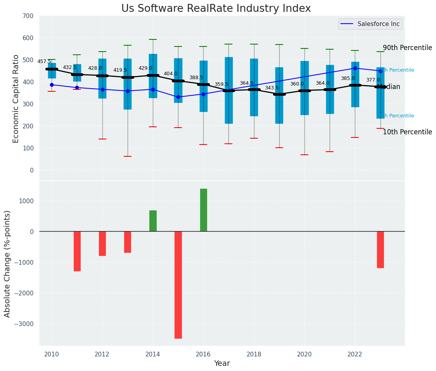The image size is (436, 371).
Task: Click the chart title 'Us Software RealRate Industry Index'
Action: (x=216, y=9)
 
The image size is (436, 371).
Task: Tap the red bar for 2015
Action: (x=178, y=285)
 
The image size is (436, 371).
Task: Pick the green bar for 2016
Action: (x=203, y=210)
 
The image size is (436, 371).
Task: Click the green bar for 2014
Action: (x=153, y=221)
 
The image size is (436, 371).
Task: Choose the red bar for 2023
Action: (x=380, y=250)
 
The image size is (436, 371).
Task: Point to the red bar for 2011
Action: (x=77, y=251)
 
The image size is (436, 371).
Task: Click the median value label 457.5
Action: (x=44, y=61)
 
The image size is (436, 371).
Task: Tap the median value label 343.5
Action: (x=272, y=88)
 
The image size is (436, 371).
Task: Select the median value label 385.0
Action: (x=348, y=78)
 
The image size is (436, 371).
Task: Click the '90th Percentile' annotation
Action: (x=407, y=48)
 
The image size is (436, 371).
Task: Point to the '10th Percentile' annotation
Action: (x=407, y=132)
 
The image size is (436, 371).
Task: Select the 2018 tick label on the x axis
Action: (x=254, y=354)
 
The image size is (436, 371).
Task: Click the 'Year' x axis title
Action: (x=222, y=364)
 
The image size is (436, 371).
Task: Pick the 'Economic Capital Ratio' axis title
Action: (x=16, y=98)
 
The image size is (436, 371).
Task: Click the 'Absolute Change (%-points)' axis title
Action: (x=7, y=263)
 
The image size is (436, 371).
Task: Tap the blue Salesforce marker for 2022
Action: (x=355, y=68)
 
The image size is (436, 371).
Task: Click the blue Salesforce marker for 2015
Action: (x=178, y=97)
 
